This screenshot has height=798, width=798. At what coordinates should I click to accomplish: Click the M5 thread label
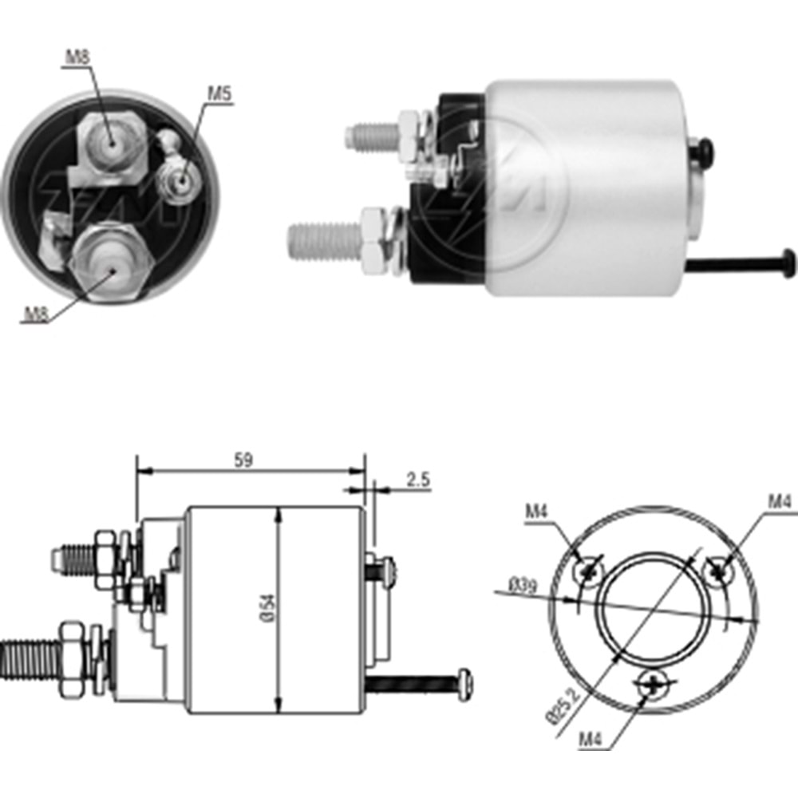(219, 93)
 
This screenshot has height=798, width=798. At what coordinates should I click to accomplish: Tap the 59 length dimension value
(243, 460)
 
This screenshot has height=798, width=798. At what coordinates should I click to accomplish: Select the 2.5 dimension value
(418, 480)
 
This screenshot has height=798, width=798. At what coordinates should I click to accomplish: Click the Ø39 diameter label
(523, 586)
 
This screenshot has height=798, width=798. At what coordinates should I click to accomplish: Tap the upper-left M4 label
(537, 512)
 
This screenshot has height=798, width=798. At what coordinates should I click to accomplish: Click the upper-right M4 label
(780, 502)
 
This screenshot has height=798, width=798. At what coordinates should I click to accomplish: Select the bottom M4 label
(591, 739)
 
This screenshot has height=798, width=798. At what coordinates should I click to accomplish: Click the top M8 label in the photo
(77, 57)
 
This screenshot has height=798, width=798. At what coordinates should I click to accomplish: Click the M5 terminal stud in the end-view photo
(179, 180)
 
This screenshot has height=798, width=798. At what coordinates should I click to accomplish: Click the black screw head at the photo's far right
(787, 263)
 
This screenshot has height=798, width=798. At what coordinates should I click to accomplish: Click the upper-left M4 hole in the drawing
(589, 572)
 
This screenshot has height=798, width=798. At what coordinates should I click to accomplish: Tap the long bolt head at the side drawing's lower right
(465, 685)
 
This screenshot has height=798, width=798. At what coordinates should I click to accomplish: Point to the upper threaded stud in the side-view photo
(372, 136)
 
